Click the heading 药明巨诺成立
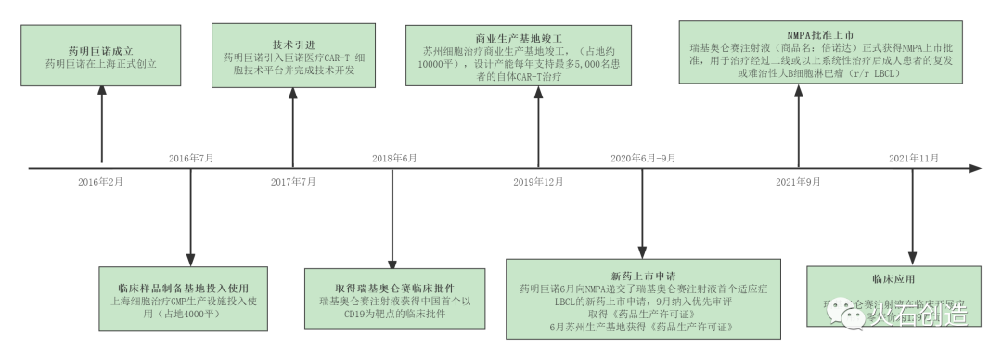click(x=101, y=50)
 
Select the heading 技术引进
click(x=293, y=44)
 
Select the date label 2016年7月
click(x=191, y=158)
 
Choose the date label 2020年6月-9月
click(x=641, y=158)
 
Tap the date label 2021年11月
click(x=914, y=158)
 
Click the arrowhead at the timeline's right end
click(x=975, y=169)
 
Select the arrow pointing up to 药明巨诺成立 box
click(x=101, y=121)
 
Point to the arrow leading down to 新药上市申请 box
click(x=641, y=213)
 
